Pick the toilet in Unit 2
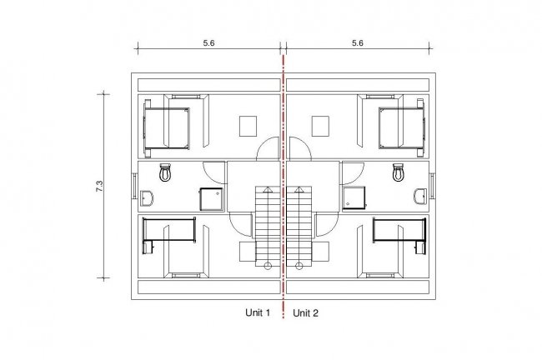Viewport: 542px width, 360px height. (399, 172)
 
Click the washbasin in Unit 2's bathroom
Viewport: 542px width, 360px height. (419, 197)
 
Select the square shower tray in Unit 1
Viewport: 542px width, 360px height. (209, 197)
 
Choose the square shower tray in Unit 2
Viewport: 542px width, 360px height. (354, 197)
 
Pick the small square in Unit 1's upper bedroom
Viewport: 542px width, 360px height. (248, 125)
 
